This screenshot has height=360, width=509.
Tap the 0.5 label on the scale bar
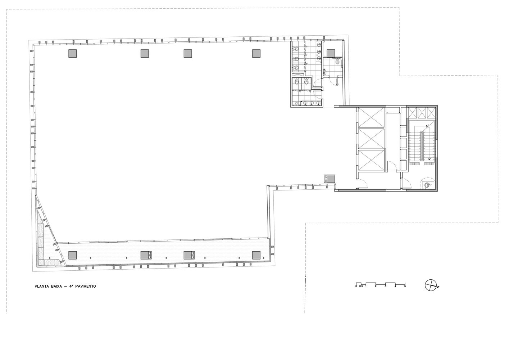pos(361,286)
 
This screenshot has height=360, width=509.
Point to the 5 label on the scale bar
pos(405,286)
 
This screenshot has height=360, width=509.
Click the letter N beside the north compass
pos(438,287)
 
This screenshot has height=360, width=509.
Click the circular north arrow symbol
pos(431,285)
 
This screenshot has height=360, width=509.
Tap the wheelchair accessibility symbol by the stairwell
pos(428,185)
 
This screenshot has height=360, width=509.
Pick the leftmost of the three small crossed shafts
pos(413,113)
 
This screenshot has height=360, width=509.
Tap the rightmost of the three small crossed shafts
pos(431,113)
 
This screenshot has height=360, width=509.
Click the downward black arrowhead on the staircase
pos(429,159)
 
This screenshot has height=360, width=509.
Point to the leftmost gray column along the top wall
pos(73,53)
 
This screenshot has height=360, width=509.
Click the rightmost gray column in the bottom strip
pos(256,255)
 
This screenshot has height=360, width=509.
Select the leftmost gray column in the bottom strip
pos(73,255)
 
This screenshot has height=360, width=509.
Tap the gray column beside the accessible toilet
pos(331,53)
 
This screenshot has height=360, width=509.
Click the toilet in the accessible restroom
pos(337,61)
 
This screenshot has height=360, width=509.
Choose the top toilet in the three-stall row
pos(296,49)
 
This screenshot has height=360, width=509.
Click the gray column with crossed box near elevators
pos(330,178)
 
